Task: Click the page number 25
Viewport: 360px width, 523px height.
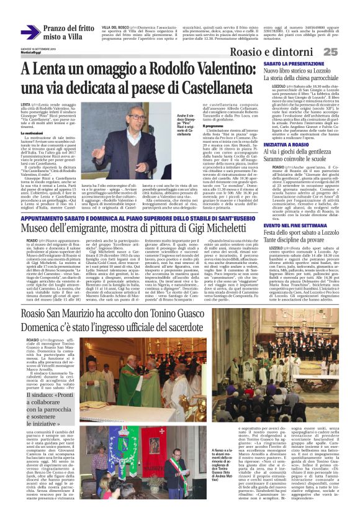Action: coord(347,52)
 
